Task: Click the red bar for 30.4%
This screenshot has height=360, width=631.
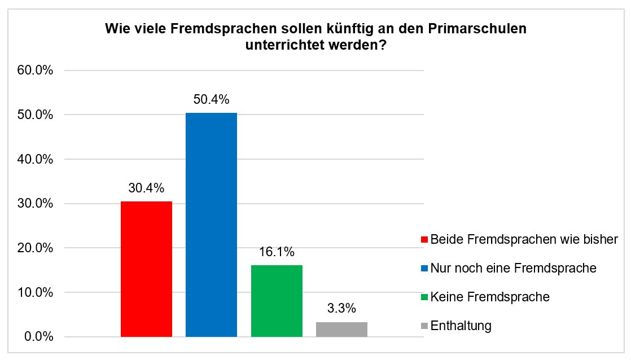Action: tap(146, 269)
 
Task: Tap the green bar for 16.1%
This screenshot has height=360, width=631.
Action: tap(277, 301)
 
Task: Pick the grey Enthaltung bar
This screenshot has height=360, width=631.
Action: tap(341, 329)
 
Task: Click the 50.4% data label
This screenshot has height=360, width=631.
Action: tap(211, 100)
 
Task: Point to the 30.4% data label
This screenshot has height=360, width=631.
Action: tap(146, 188)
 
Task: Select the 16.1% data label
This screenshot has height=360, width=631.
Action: tap(277, 252)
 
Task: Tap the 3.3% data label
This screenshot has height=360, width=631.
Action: tap(341, 309)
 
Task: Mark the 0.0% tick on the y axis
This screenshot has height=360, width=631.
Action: tap(38, 337)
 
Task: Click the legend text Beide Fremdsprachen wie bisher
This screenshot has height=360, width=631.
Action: tap(524, 239)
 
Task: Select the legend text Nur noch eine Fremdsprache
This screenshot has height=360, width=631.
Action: tap(513, 268)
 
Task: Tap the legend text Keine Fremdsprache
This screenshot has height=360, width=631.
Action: tap(489, 297)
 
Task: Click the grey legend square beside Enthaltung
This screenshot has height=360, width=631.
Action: tap(424, 326)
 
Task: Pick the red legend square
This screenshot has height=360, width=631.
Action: tap(424, 240)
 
